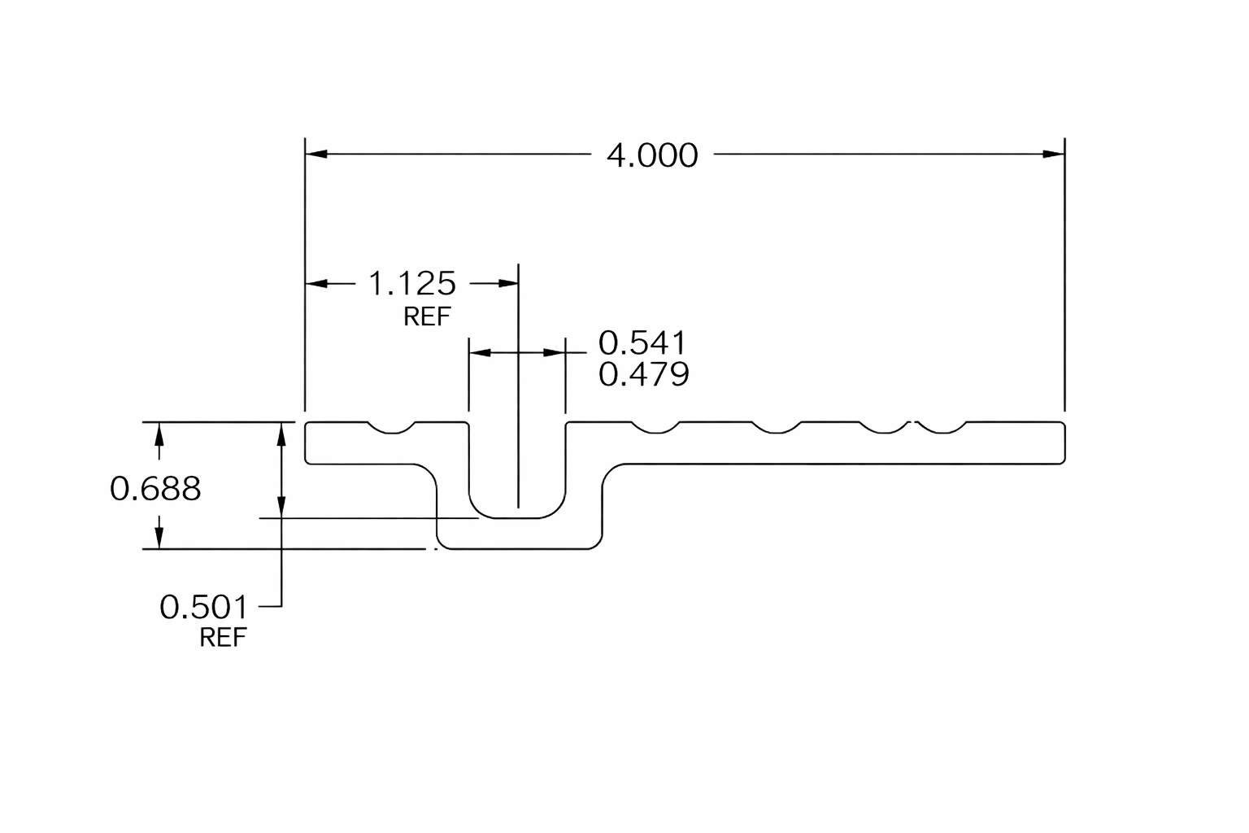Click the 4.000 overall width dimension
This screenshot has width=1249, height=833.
point(652,155)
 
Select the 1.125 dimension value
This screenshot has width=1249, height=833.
point(412,283)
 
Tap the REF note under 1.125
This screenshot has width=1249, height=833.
point(427,317)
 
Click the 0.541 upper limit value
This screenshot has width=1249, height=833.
point(642,342)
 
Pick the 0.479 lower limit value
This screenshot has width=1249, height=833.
point(643,374)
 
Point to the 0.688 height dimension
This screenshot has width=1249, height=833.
point(155,489)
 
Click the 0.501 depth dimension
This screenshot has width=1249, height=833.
point(203,607)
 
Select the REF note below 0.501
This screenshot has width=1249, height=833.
point(223,638)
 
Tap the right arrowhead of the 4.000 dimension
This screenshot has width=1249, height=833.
point(1053,154)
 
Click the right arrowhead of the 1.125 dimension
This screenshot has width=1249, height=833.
point(508,283)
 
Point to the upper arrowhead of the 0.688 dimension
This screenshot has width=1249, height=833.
point(159,434)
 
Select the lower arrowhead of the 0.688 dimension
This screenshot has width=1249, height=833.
point(159,538)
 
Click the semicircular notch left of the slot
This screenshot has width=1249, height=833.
point(392,428)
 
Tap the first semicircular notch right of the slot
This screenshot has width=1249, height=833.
point(656,428)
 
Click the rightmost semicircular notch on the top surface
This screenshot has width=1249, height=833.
point(942,428)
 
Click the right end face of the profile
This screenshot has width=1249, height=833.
point(1065,443)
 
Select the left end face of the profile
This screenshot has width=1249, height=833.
point(305,443)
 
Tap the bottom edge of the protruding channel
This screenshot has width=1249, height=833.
point(519,549)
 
